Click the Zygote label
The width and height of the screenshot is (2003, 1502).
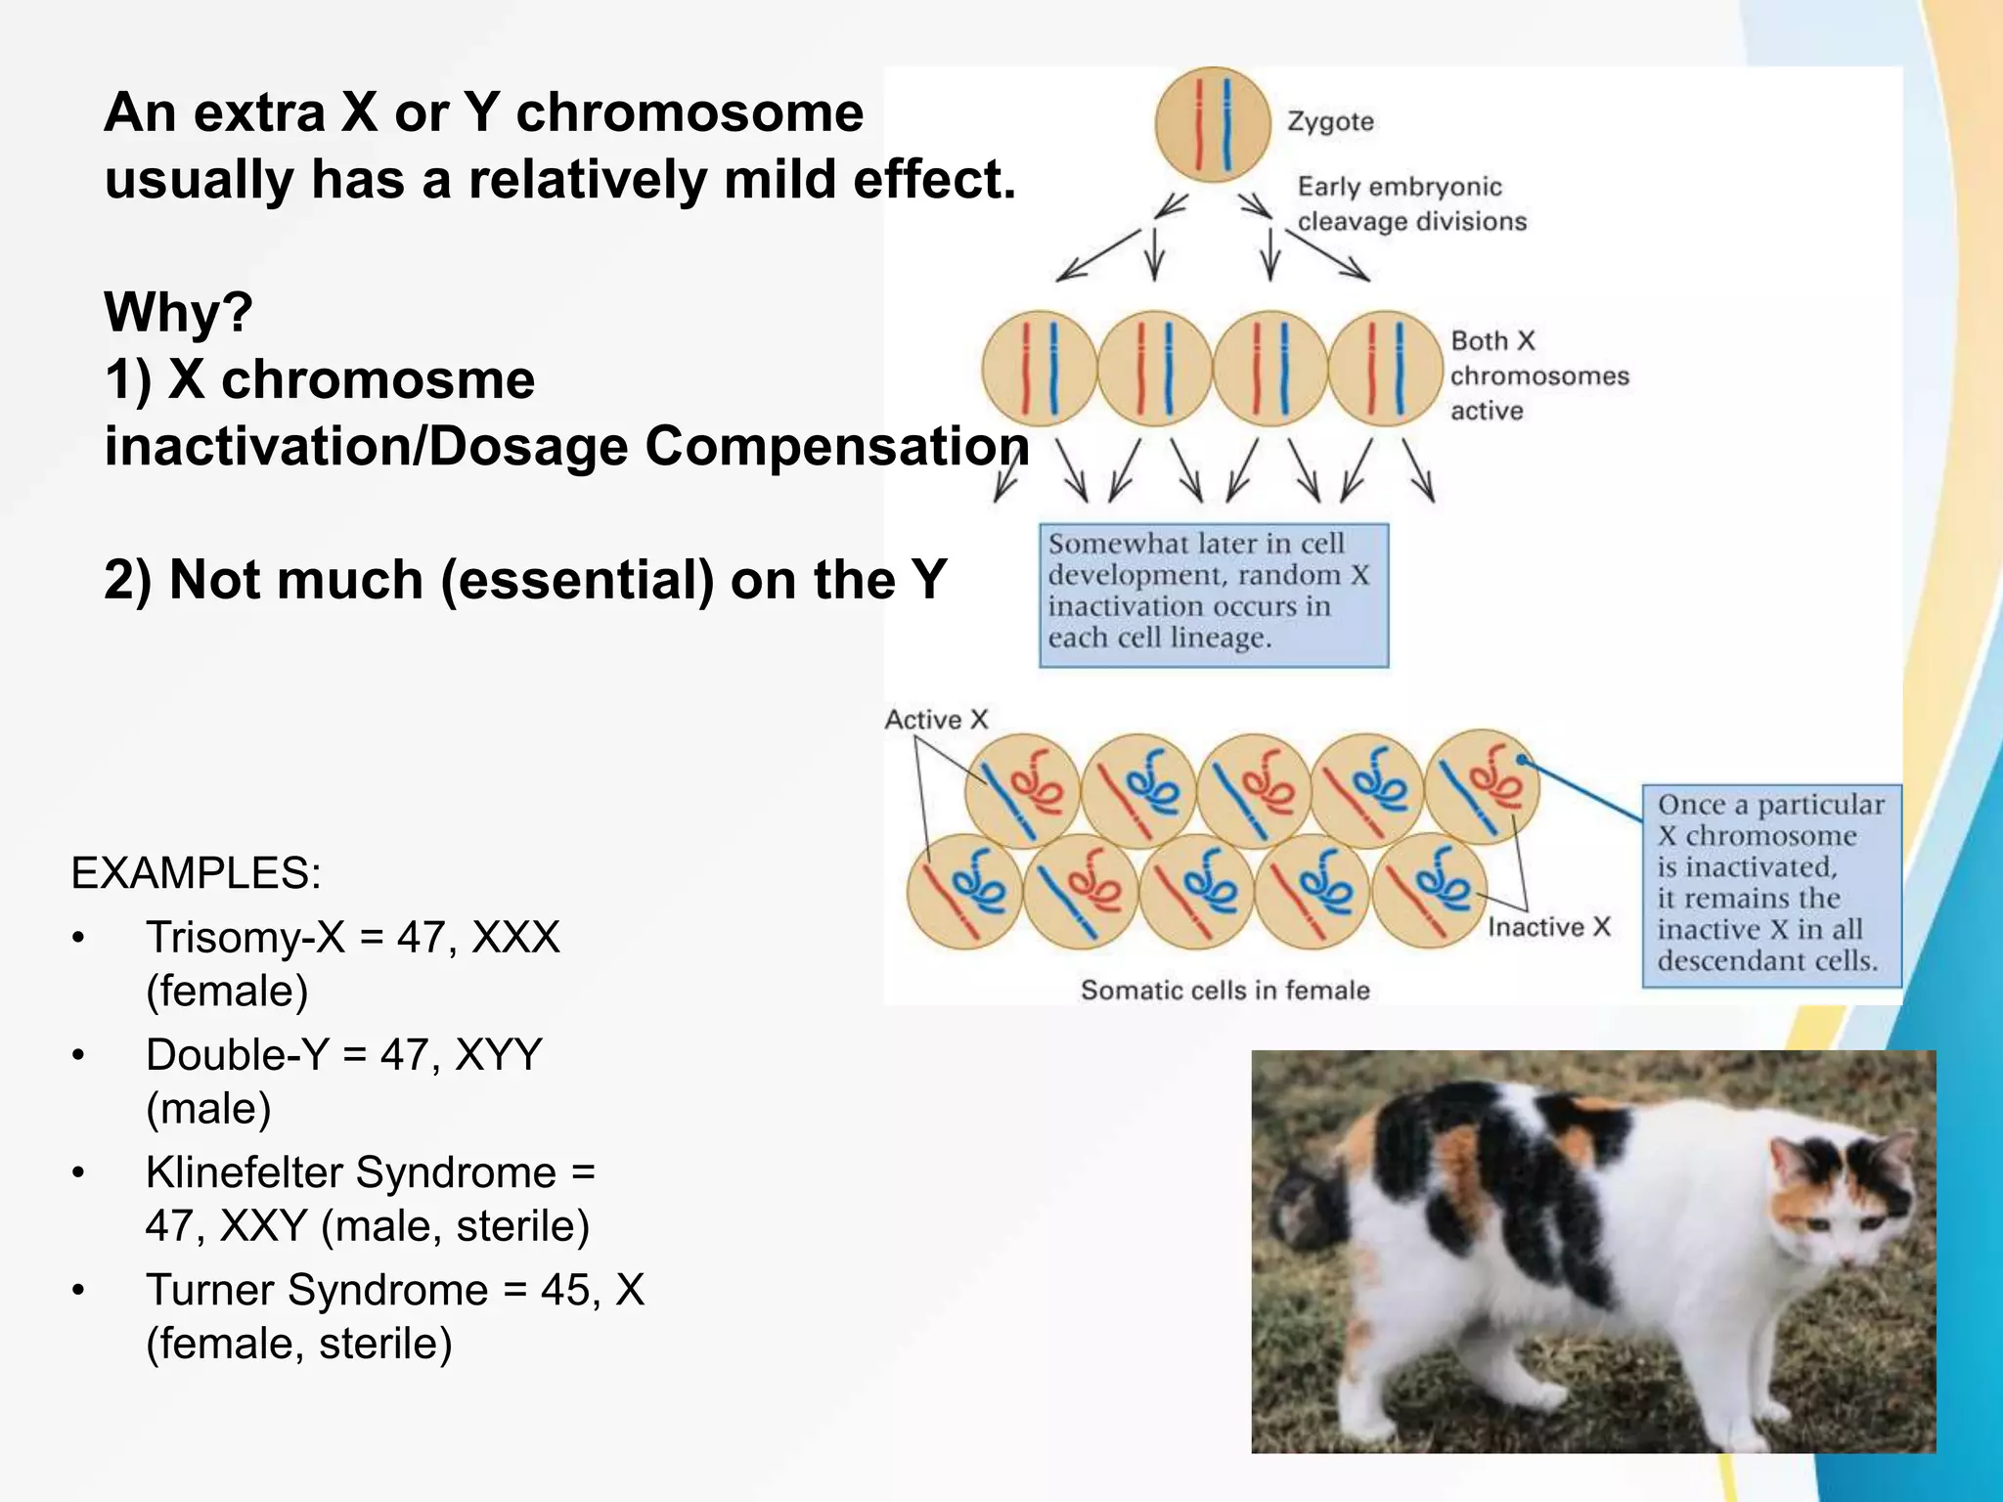tap(1330, 122)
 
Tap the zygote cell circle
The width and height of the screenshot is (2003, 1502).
tap(1213, 124)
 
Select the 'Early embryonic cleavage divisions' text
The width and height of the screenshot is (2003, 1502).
tap(1411, 204)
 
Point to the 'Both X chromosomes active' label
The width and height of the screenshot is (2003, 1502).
tap(1538, 375)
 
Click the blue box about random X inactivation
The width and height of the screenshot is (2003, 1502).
tap(1213, 595)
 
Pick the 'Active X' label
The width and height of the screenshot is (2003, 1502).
tap(936, 720)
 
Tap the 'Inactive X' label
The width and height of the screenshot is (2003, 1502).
tap(1548, 927)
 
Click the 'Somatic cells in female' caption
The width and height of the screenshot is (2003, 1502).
tap(1224, 991)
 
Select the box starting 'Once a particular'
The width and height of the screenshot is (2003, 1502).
tap(1771, 884)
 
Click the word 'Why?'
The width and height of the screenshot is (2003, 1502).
tap(178, 313)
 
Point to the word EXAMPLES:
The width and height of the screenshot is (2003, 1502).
tap(196, 872)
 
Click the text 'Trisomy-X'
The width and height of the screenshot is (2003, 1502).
tap(245, 937)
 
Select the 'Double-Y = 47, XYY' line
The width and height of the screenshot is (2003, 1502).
tap(343, 1055)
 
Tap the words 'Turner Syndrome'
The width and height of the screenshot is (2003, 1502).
tap(316, 1290)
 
